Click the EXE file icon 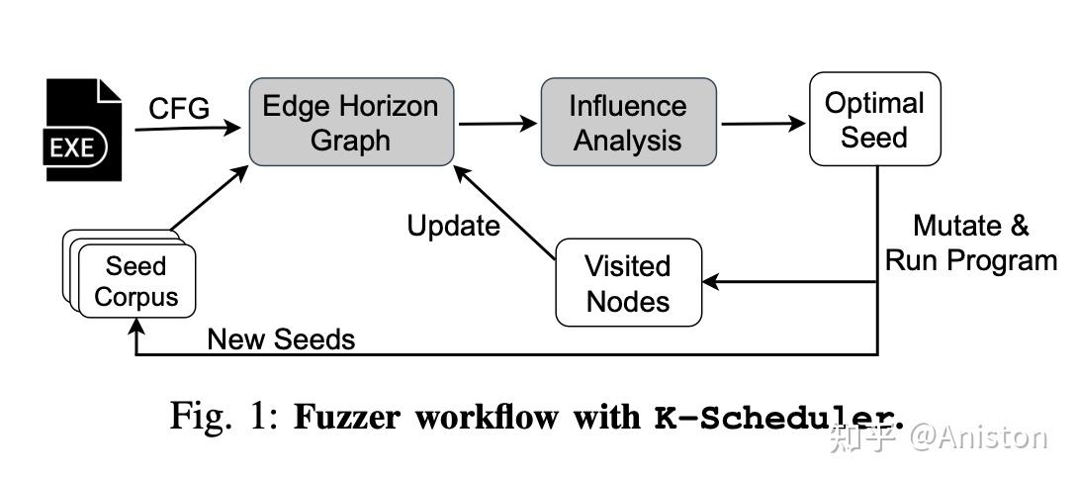pyautogui.click(x=84, y=131)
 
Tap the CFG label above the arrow pyautogui.click(x=179, y=108)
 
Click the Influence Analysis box pyautogui.click(x=627, y=122)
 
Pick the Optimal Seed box pyautogui.click(x=873, y=119)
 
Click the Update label pyautogui.click(x=454, y=226)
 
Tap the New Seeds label pyautogui.click(x=281, y=339)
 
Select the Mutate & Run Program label pyautogui.click(x=970, y=242)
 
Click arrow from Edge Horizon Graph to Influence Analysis pyautogui.click(x=496, y=124)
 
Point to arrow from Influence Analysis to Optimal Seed pyautogui.click(x=762, y=124)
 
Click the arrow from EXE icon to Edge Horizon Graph pyautogui.click(x=188, y=128)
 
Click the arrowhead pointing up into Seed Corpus pyautogui.click(x=135, y=331)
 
